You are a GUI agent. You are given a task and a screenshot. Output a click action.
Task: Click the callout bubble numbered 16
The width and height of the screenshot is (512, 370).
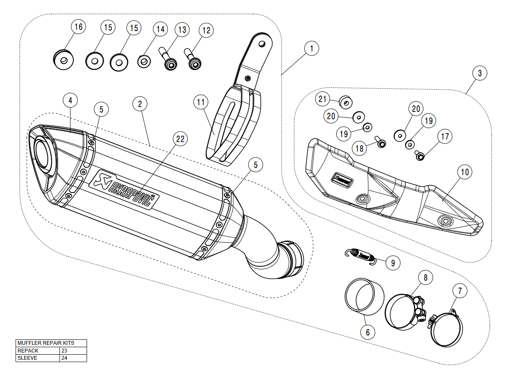coord(78,27)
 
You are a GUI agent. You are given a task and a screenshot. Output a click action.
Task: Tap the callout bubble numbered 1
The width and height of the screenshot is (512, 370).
coord(312,49)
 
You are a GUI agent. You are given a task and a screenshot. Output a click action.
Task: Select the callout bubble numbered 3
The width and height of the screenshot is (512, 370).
coord(480,73)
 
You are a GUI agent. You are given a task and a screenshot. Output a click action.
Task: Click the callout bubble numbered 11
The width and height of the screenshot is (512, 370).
coord(201,102)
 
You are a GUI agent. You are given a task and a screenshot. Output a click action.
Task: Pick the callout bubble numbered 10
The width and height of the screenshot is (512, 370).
coord(465,172)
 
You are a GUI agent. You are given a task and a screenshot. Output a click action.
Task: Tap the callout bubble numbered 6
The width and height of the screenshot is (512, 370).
coord(367,331)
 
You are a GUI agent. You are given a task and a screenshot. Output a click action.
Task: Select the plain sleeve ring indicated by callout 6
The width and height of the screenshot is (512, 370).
coord(364,297)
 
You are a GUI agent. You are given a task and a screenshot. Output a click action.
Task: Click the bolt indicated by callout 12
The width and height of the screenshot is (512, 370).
coord(193,60)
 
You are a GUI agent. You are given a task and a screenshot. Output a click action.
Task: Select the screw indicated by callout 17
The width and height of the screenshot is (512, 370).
coord(420,156)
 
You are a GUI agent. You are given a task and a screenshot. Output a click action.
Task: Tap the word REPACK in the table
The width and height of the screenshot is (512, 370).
coord(28,350)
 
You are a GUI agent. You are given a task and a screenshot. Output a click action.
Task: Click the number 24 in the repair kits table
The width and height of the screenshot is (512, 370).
coord(64,358)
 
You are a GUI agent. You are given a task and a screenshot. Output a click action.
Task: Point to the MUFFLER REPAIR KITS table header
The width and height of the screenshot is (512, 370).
coord(46,343)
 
